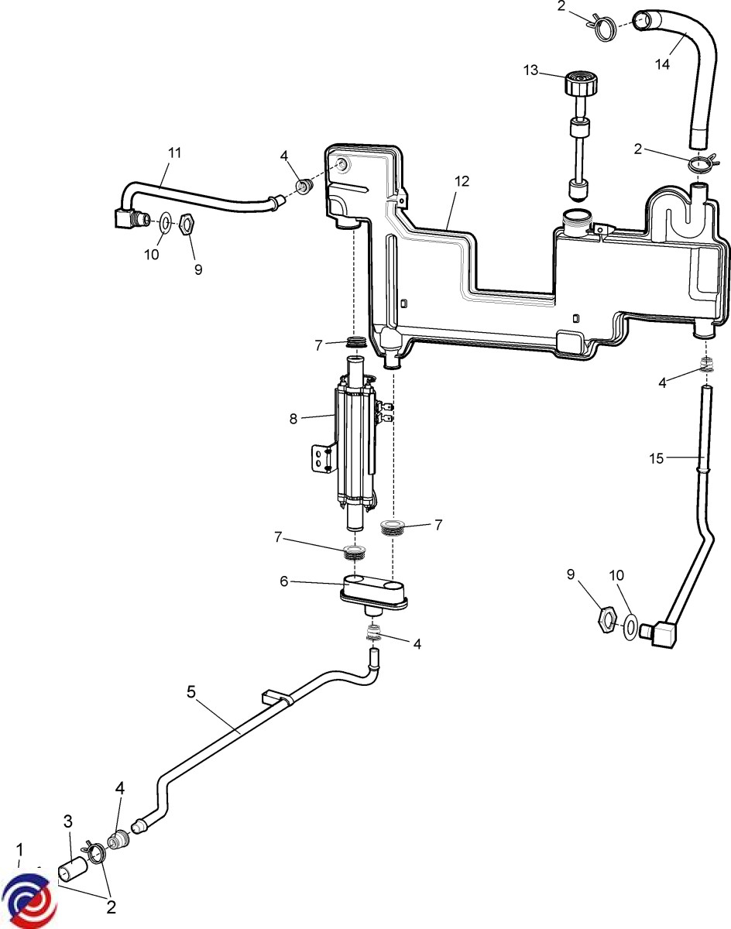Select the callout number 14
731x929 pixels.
(x=662, y=64)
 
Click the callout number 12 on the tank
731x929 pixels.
(x=462, y=182)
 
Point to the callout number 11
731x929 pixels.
(x=174, y=153)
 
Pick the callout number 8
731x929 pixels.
(x=293, y=419)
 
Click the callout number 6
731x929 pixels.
(x=284, y=581)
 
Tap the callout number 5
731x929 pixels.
(x=191, y=691)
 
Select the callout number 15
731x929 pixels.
(x=656, y=458)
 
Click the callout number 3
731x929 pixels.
(x=67, y=819)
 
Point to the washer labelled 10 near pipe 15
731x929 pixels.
(x=631, y=624)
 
